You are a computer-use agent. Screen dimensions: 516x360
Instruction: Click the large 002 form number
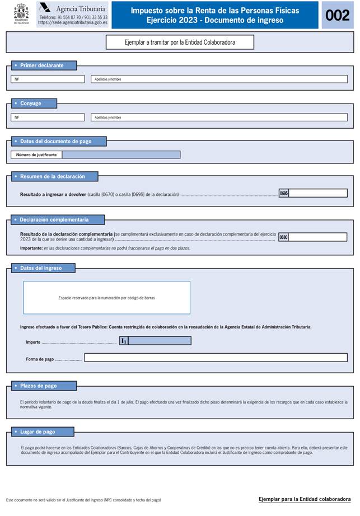[x=337, y=15]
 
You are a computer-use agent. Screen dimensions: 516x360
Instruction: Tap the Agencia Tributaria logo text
[x=80, y=10]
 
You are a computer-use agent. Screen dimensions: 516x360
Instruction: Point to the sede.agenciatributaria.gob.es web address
[x=73, y=23]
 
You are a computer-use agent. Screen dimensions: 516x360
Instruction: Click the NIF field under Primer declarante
[x=48, y=79]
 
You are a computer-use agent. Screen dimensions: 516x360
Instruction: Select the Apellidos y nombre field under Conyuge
[x=219, y=118]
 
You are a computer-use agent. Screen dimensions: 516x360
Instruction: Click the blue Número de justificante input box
[x=121, y=154]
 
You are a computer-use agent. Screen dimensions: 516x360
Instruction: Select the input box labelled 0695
[x=317, y=193]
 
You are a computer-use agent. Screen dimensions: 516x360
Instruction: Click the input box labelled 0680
[x=317, y=237]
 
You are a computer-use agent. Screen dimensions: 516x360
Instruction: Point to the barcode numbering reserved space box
[x=106, y=298]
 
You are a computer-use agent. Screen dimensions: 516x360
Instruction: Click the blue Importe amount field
[x=160, y=340]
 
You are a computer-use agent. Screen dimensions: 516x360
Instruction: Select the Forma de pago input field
[x=216, y=358]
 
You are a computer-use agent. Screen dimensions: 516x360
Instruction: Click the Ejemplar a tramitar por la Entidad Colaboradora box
[x=180, y=42]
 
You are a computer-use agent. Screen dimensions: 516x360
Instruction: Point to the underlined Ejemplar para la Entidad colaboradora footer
[x=305, y=499]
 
